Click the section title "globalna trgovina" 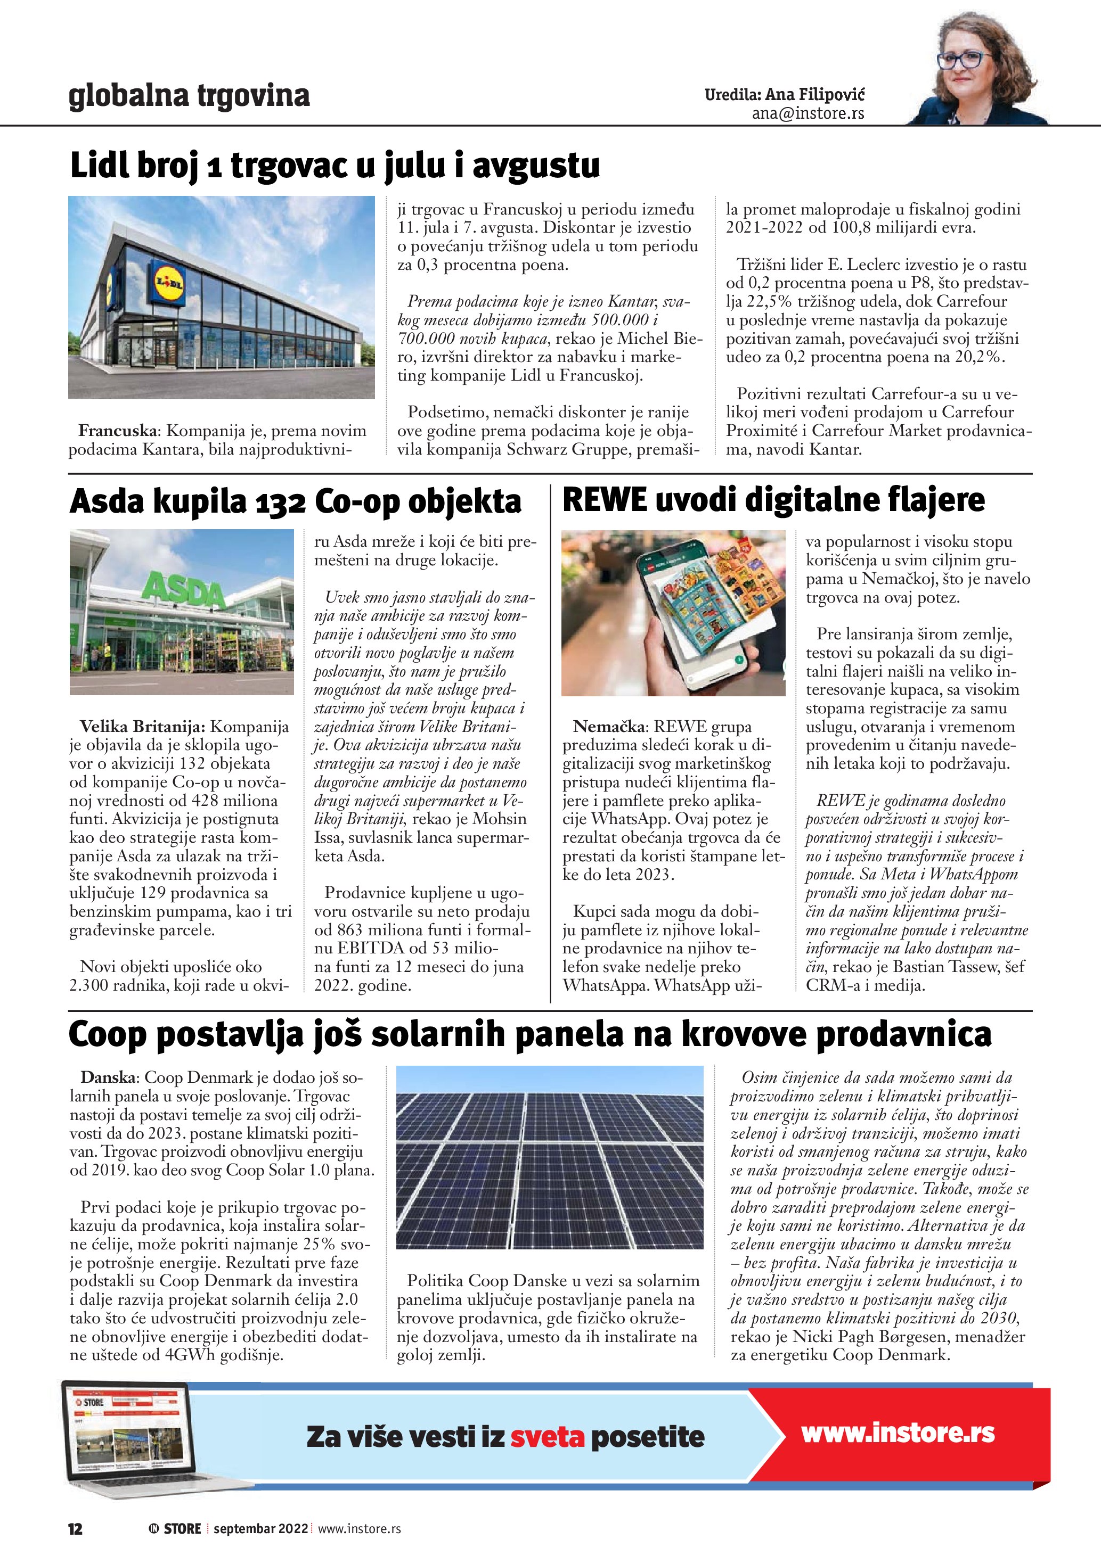click(189, 96)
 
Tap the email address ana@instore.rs click(808, 114)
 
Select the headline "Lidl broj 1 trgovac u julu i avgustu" click(335, 166)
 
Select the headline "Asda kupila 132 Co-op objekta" click(296, 502)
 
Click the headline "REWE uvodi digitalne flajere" click(773, 500)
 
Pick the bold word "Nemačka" click(609, 727)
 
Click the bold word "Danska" click(109, 1077)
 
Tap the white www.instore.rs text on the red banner click(898, 1434)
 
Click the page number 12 click(75, 1529)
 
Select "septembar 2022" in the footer click(260, 1529)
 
